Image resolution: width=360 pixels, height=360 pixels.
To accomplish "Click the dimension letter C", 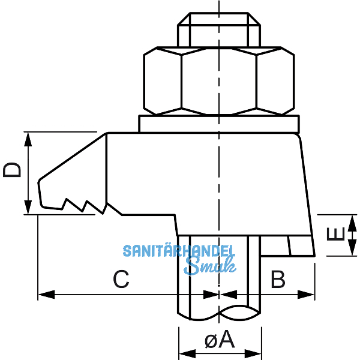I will point(121,279).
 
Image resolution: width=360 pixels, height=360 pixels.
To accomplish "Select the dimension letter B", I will point(277,279).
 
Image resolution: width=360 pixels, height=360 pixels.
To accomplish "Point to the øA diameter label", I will point(219,340).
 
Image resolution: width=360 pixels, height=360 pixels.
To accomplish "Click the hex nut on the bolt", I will point(220,80).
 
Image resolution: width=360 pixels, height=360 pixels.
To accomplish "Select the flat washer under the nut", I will point(219,124).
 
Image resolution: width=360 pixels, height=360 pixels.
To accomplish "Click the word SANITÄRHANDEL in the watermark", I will point(178,251).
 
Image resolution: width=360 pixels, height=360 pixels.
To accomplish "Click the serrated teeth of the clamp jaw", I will point(81,205).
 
